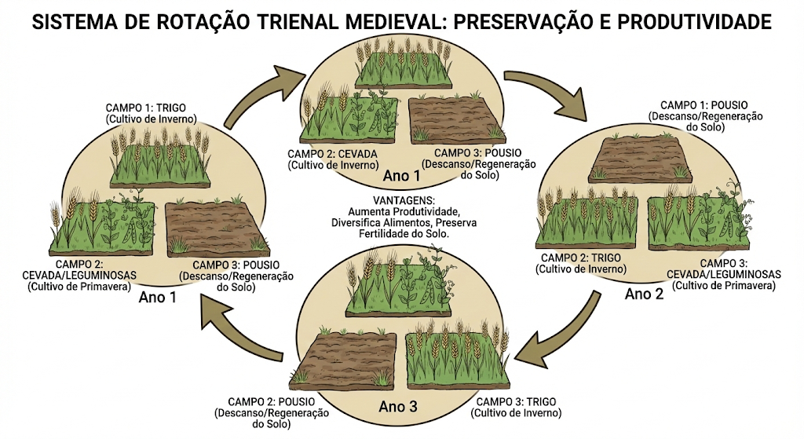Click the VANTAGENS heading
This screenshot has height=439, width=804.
point(404,200)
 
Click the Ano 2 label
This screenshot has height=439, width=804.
point(644,294)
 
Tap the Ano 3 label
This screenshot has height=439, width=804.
point(398,407)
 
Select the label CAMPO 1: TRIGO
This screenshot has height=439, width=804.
point(145,108)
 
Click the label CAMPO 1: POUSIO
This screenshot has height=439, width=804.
point(704,105)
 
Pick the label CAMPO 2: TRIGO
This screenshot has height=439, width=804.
point(581,258)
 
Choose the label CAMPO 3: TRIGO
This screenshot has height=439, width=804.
point(517,401)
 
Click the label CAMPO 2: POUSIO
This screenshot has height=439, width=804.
point(272,401)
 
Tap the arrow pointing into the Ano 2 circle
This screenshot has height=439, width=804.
point(552,92)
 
